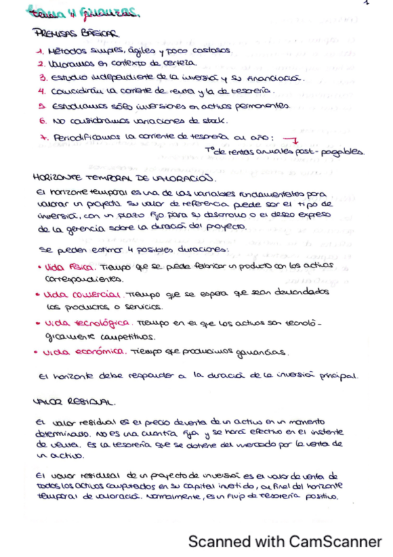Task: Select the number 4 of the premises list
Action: [40, 91]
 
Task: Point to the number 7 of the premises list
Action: [41, 137]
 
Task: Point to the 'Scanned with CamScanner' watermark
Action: [285, 542]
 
